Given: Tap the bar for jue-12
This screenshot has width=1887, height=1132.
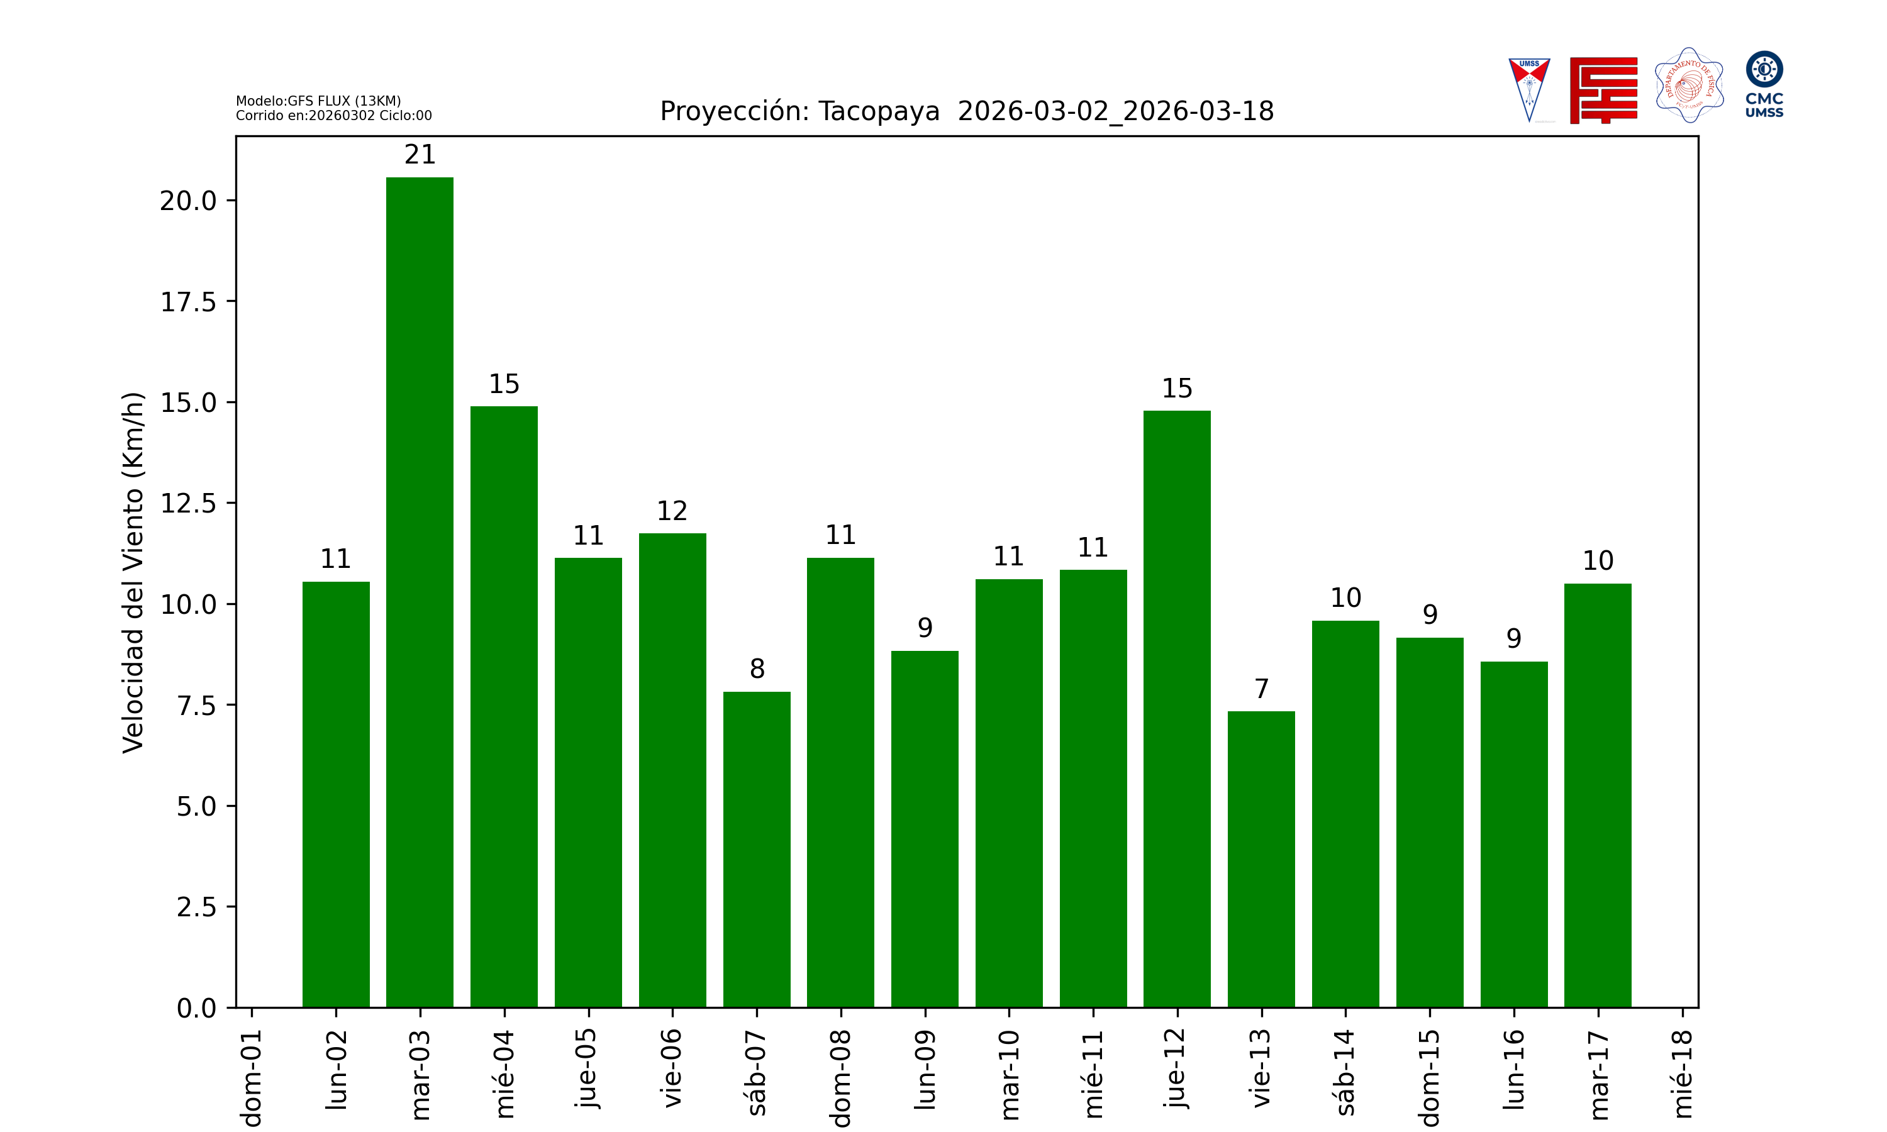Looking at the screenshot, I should [1177, 709].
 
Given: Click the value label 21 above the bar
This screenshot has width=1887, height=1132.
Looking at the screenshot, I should [420, 155].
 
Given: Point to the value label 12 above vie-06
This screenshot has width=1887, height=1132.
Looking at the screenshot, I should [672, 511].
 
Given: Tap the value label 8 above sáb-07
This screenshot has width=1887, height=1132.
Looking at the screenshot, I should [757, 669].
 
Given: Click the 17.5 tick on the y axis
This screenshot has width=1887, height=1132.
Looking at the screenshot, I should [187, 302].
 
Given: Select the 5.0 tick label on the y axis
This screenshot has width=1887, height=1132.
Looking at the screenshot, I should [196, 806].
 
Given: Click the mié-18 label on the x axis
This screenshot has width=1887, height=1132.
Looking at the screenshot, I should [1683, 1074].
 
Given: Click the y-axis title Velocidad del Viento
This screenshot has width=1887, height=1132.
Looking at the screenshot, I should [133, 572].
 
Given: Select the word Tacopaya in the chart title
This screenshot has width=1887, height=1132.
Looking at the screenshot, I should [879, 111].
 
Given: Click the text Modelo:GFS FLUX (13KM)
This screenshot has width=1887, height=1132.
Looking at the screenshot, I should [318, 101].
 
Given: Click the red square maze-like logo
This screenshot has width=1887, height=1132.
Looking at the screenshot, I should [1603, 90].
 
